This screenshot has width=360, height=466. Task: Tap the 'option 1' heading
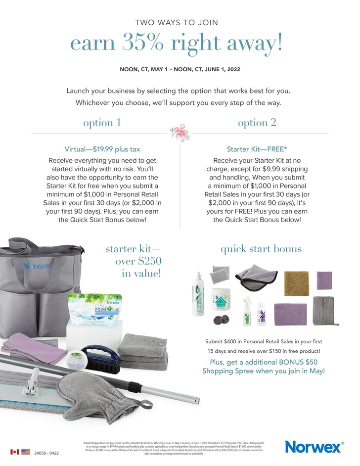coord(102,123)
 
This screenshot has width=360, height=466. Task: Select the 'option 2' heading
coord(257,123)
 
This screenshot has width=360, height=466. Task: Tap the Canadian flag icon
coord(14,452)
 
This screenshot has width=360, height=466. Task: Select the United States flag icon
coord(25,452)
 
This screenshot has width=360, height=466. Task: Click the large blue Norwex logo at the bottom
coord(313,447)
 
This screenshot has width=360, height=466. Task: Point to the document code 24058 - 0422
coord(46,453)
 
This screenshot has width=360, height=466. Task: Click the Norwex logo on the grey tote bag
coord(37,266)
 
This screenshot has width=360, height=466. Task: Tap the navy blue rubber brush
coord(101,358)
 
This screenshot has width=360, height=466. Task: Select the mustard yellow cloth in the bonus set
coord(296,283)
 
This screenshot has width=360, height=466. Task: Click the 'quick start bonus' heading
coord(261,249)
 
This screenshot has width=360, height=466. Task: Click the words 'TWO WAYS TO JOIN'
coord(177,22)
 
